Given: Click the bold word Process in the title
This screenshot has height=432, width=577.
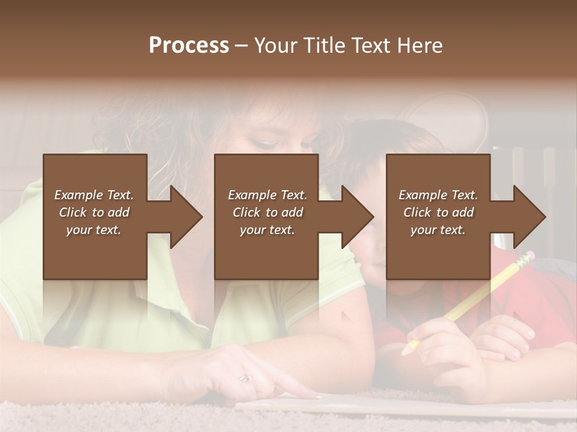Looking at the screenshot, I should coord(189,46).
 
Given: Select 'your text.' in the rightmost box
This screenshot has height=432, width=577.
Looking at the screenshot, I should coord(438,230).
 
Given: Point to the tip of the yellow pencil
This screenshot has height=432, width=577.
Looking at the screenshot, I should coord(409,348).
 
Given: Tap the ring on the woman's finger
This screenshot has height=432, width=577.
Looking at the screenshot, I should coord(246,378).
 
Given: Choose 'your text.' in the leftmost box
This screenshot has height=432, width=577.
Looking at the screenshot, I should coord(94,230).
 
